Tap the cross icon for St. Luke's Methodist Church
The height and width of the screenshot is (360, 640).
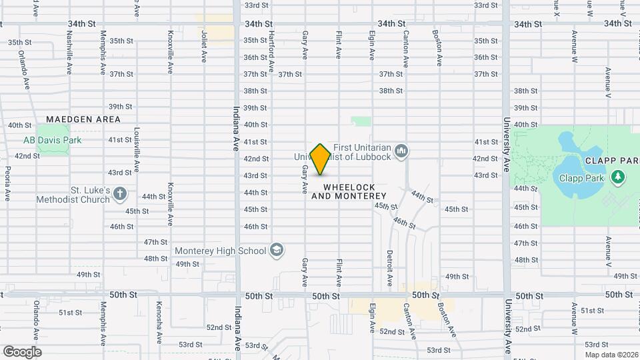pyautogui.click(x=120, y=194)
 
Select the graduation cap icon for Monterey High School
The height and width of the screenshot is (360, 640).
pyautogui.click(x=277, y=251)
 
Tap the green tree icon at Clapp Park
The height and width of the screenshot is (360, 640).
pyautogui.click(x=619, y=177)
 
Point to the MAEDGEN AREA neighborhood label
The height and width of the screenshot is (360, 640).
pyautogui.click(x=84, y=119)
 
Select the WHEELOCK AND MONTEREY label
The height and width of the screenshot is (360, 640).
pyautogui.click(x=349, y=192)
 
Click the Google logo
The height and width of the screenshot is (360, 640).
pyautogui.click(x=22, y=351)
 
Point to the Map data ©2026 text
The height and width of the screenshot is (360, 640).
pyautogui.click(x=611, y=354)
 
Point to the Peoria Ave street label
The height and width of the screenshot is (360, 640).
pyautogui.click(x=7, y=184)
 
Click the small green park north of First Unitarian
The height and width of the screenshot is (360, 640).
pyautogui.click(x=361, y=121)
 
